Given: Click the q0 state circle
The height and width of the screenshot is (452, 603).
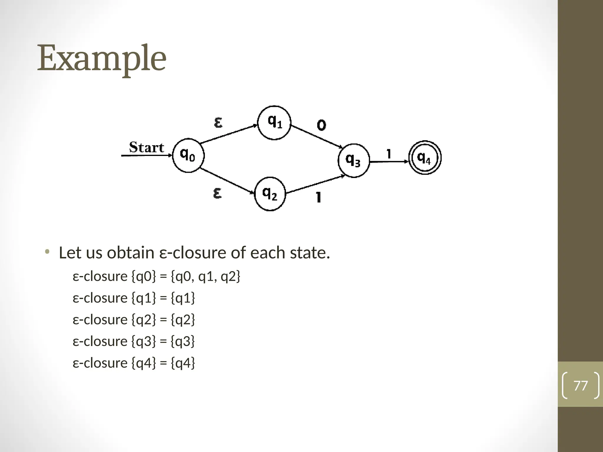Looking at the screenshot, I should (x=188, y=155).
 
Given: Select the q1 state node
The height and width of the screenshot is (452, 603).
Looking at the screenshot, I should (x=274, y=122).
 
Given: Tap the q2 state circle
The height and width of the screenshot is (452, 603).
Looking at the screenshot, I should (x=270, y=194).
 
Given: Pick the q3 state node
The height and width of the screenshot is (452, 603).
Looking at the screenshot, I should (x=353, y=161).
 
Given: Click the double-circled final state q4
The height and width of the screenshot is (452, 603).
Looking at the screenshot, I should (x=425, y=158).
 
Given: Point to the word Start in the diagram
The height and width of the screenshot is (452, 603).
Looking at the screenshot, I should (x=146, y=147).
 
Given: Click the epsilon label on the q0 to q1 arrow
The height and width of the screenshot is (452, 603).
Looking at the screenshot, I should (x=218, y=122).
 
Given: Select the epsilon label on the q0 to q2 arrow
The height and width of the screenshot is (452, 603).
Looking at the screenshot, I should (x=217, y=193).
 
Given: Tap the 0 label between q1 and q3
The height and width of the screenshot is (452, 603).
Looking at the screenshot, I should (x=321, y=126).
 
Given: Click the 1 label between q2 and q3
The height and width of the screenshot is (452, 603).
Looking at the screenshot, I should (x=318, y=197).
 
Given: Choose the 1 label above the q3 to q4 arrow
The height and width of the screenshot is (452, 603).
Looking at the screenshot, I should (x=389, y=154).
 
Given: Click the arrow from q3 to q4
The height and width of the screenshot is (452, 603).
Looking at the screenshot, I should (x=389, y=162).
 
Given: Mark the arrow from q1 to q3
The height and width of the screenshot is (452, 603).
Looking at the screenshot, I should (x=317, y=136).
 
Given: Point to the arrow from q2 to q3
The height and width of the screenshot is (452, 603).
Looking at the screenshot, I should (x=316, y=185).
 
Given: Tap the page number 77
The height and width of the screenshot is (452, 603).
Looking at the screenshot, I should (x=581, y=385).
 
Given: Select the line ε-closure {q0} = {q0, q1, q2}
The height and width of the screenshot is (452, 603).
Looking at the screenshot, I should (x=156, y=276).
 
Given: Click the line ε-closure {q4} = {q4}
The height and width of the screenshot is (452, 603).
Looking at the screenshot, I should (x=134, y=363).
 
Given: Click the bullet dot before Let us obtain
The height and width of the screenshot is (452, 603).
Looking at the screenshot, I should (x=47, y=252).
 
